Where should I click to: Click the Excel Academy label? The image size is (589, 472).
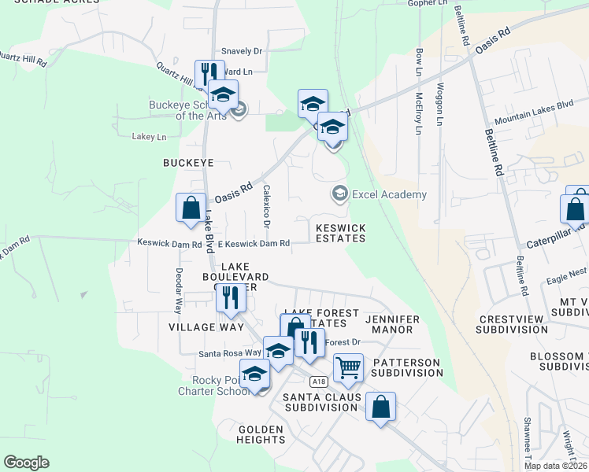(x=389, y=194)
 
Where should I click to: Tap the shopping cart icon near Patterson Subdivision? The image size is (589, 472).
(x=348, y=367)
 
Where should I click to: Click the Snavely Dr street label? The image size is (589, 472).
(x=241, y=51)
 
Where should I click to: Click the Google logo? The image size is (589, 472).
(x=26, y=463)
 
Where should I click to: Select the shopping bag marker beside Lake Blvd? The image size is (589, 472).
(x=191, y=208)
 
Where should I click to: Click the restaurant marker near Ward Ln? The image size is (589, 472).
(x=209, y=74)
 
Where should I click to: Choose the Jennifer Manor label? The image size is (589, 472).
(x=392, y=324)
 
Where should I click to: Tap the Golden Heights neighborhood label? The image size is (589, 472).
(x=260, y=434)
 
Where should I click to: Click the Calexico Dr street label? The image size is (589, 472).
(x=267, y=207)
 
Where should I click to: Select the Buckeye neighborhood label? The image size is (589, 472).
(x=188, y=163)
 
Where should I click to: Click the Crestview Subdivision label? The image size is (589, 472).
(x=512, y=325)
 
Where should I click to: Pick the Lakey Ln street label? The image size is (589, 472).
(x=150, y=137)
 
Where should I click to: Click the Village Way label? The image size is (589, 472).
(x=195, y=326)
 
